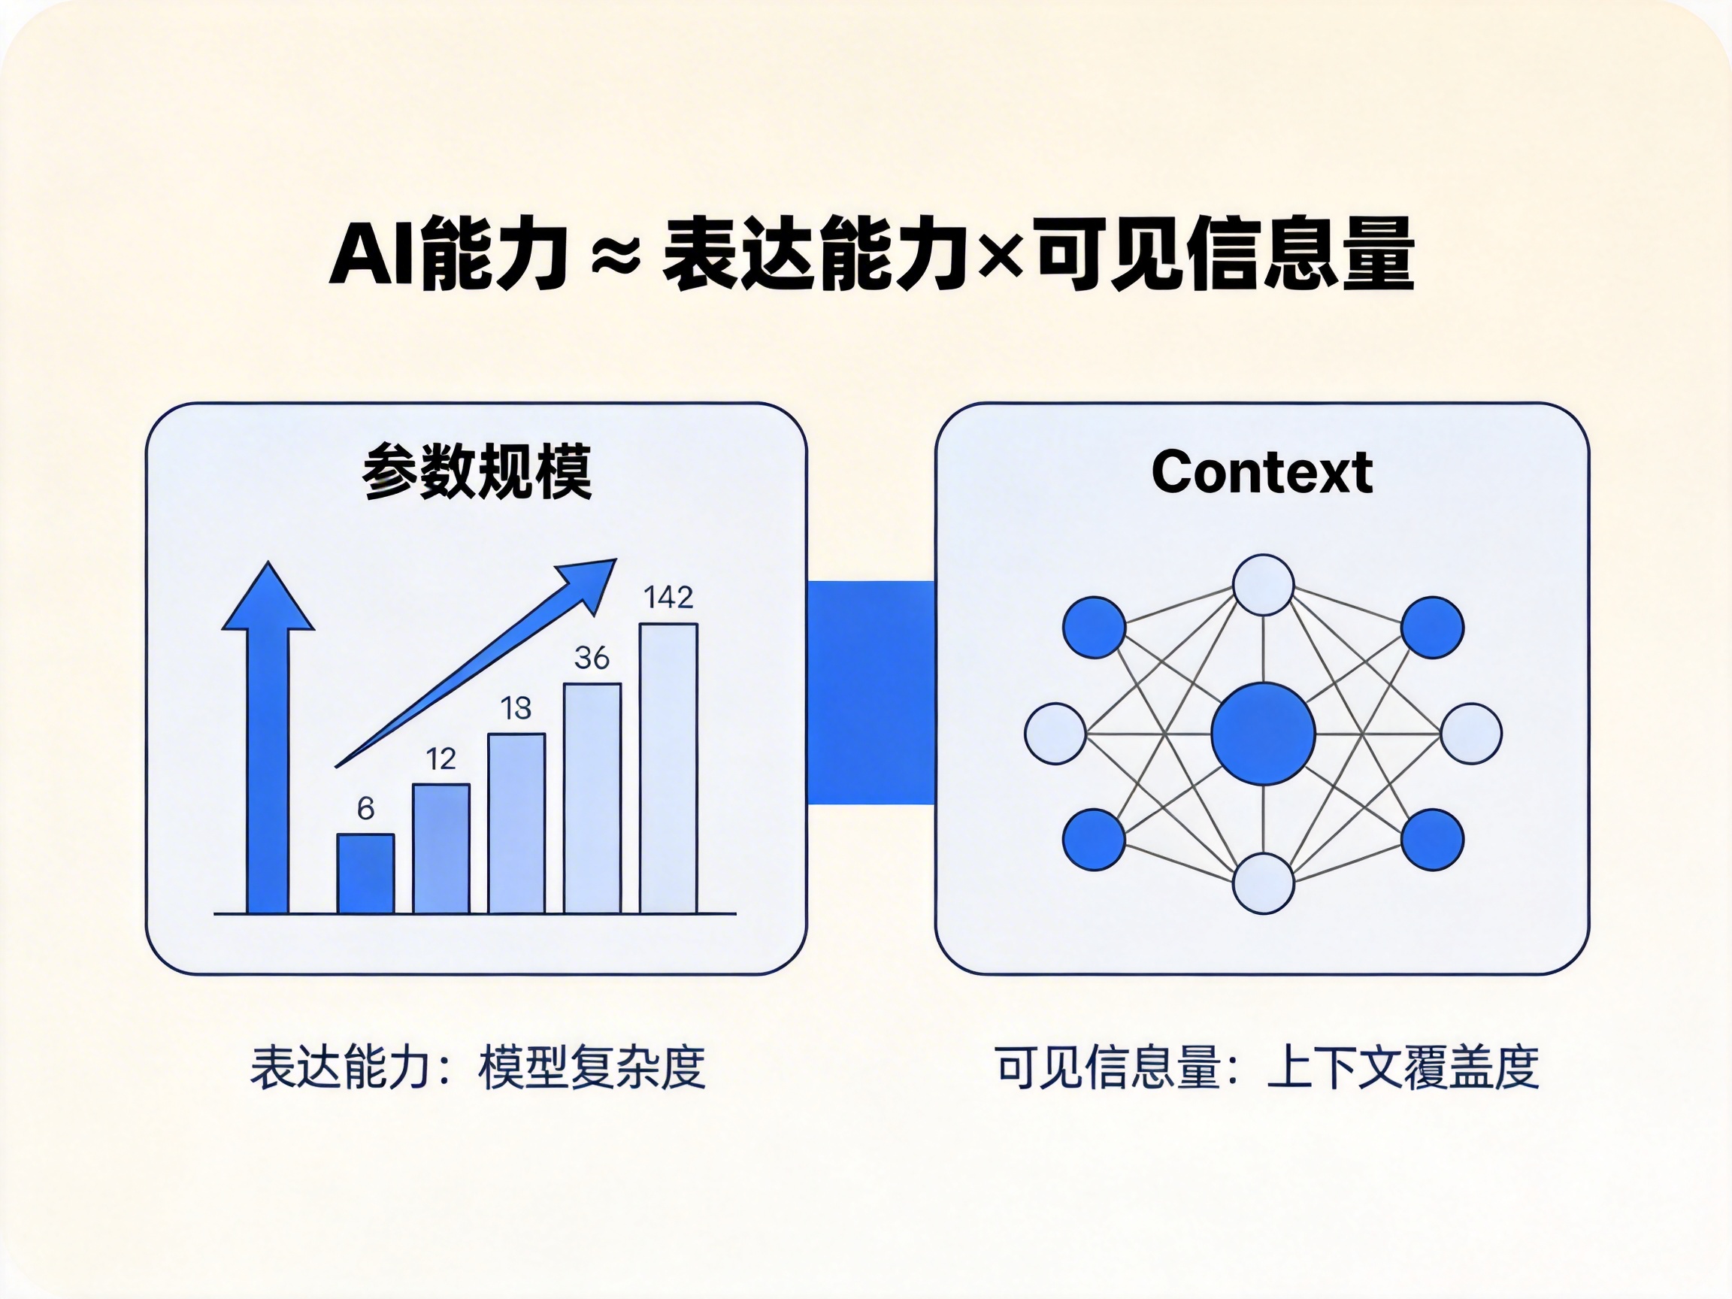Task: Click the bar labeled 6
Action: [365, 873]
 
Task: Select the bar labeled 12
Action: [441, 848]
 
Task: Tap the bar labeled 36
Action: [592, 798]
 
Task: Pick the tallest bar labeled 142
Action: [668, 768]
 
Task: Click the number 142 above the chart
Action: [668, 598]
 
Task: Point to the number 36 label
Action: [591, 658]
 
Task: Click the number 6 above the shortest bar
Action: [365, 808]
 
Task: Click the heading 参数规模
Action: [477, 471]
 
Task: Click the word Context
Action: [1261, 472]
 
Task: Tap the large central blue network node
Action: [1262, 734]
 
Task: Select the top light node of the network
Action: [1262, 585]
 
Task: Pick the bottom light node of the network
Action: [1262, 883]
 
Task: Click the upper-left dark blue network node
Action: [1094, 627]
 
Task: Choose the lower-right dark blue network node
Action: [1431, 840]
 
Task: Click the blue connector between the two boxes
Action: [871, 692]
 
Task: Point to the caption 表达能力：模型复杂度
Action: [477, 1067]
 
